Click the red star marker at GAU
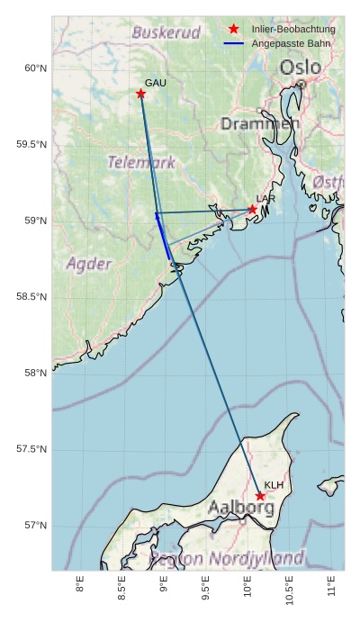[140, 94]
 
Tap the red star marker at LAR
[253, 210]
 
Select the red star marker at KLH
[260, 496]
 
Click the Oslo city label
[299, 68]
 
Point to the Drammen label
[260, 123]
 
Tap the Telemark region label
[142, 163]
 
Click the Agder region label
[89, 264]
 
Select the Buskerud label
[166, 32]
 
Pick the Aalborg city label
[241, 508]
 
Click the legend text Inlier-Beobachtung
[293, 30]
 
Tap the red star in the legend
[234, 30]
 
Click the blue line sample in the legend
[234, 43]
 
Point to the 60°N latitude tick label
[35, 68]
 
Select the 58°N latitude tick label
[35, 374]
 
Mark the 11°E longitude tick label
[332, 589]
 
